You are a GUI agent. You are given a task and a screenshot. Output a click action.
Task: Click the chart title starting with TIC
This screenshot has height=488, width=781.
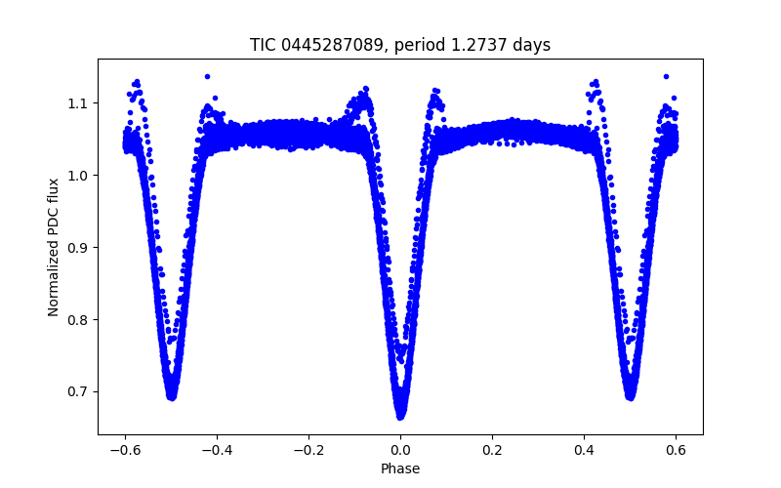[400, 45]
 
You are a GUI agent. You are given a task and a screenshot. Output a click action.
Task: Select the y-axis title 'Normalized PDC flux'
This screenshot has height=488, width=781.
[54, 247]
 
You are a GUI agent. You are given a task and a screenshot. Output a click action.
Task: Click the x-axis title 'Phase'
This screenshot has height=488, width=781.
[400, 469]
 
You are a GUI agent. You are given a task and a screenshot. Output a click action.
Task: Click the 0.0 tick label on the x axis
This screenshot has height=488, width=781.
[400, 450]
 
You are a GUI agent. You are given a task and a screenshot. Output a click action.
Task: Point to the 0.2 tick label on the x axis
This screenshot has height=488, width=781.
[493, 450]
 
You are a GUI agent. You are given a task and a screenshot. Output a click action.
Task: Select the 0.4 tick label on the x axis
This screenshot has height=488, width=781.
[585, 450]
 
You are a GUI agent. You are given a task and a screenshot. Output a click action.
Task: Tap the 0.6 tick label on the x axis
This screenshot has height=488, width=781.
[677, 450]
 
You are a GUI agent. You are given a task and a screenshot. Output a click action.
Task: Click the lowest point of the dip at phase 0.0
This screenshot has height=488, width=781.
[400, 416]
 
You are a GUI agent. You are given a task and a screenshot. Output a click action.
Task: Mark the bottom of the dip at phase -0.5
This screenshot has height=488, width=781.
[171, 397]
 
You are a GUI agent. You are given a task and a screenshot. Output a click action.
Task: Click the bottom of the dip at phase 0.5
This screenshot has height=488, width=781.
[631, 397]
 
